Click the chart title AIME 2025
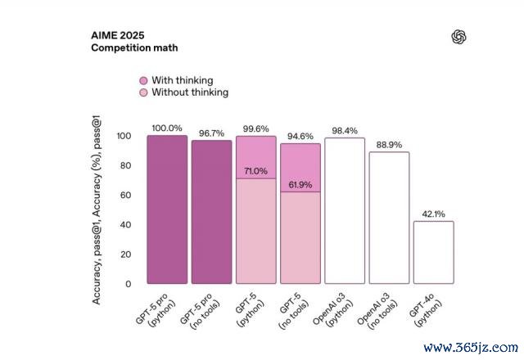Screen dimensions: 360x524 coord(120,37)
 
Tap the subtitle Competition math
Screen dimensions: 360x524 coord(134,48)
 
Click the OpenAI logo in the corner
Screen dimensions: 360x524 coord(458,37)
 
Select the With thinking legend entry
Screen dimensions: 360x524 coord(182,80)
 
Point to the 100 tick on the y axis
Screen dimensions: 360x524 coord(123,136)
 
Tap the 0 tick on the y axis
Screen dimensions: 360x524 coord(128,284)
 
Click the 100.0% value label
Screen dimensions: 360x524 coord(167,128)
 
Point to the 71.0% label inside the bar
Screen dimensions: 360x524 coord(256,171)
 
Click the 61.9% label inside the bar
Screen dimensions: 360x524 coord(300,185)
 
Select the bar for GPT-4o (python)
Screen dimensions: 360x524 coord(434,252)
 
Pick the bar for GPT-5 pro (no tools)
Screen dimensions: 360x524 coord(211,212)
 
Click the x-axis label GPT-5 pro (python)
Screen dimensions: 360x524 coord(157,308)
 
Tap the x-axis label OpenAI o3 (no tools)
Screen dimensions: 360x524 coord(379,311)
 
